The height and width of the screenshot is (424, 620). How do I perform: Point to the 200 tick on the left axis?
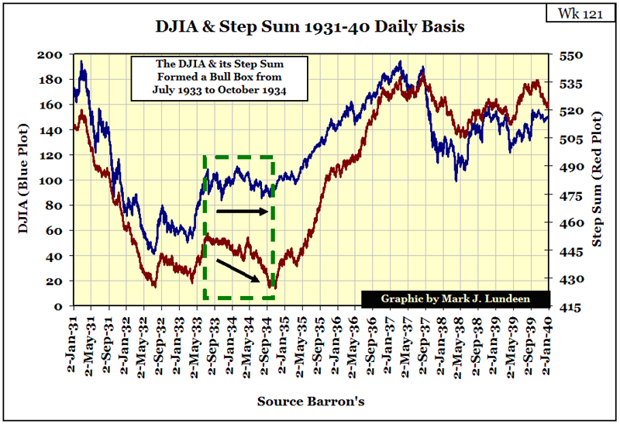coord(57,55)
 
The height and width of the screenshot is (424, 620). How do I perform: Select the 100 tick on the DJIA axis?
coord(57,181)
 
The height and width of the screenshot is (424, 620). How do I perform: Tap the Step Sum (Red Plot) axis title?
coord(598,180)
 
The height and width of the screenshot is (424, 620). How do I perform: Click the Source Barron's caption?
coord(309,402)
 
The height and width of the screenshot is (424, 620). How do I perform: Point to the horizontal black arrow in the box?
coord(245,211)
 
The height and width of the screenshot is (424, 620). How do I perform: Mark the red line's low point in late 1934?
coord(271,287)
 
